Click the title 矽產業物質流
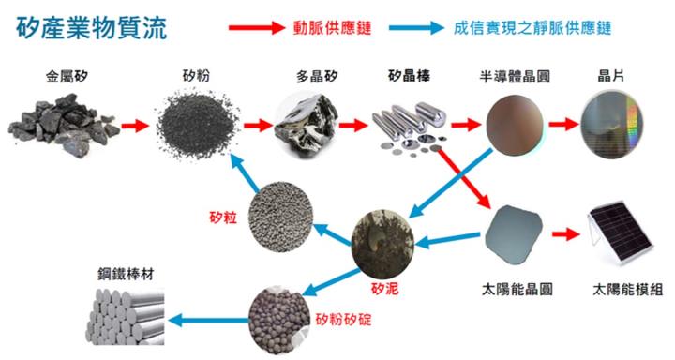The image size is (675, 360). coord(92,28)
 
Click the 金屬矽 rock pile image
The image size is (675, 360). coord(57,127)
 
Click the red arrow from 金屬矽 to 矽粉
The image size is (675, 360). coord(134,124)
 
